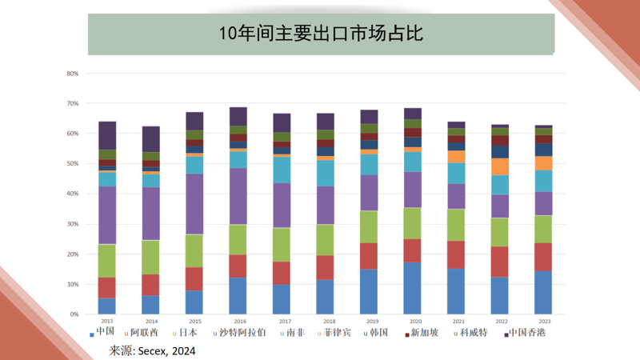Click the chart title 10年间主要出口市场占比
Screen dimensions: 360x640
320,33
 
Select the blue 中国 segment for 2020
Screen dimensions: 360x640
413,288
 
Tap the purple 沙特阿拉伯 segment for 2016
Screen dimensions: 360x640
238,196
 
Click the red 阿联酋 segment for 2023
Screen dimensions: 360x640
543,257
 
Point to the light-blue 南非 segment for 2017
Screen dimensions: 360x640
282,170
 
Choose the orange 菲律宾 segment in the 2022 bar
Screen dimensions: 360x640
500,166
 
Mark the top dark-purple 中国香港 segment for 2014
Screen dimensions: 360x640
151,139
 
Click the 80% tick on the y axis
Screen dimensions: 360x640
72,74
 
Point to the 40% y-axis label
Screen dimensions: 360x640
72,194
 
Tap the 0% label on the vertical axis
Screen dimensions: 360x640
74,314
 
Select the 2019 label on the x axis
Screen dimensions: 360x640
369,322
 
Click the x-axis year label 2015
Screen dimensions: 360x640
194,322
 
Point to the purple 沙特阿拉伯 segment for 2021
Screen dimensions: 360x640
456,196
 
